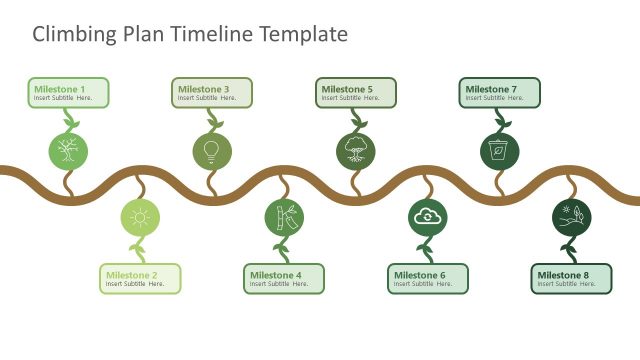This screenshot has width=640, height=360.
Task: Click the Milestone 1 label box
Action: pos(69,93)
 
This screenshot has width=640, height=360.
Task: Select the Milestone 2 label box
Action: pos(141,279)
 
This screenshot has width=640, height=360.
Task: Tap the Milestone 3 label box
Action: pos(212,93)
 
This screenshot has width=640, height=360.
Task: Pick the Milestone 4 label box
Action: pos(285,279)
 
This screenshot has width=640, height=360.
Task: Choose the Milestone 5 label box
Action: pos(356,93)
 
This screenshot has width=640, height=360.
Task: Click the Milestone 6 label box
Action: pos(428,279)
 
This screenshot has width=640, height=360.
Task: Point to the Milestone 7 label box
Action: pos(500,93)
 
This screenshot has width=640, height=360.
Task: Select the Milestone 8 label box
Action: pos(571,279)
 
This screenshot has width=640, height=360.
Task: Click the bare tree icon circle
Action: pos(68,151)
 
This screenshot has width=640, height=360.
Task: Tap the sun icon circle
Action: pos(140,217)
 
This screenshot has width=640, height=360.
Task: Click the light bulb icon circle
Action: pos(212,151)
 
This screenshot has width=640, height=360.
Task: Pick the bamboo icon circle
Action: pos(284,217)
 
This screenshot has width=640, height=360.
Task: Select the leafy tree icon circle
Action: pos(356,151)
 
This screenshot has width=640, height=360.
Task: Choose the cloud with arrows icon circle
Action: pos(428,217)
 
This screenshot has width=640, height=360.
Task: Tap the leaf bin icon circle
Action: pos(499,151)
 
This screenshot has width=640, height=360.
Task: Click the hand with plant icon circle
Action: pos(571,217)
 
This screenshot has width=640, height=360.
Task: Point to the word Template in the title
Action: pos(303,34)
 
